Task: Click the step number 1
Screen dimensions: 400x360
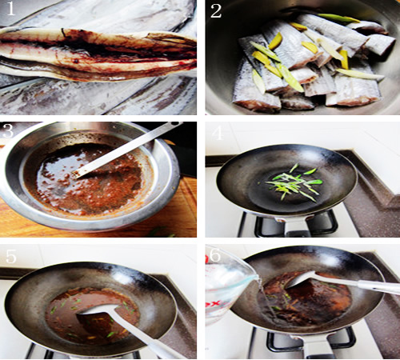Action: [10, 9]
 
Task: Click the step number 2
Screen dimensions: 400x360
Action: [216, 11]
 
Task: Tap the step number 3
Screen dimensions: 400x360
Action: [7, 130]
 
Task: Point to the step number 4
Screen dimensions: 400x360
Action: [218, 133]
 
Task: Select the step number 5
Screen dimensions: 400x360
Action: [11, 257]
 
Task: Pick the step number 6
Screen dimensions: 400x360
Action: [215, 255]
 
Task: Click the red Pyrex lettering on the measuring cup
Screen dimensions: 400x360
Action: [214, 305]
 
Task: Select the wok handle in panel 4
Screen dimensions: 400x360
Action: [294, 226]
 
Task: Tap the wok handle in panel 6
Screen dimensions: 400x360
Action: [314, 346]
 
